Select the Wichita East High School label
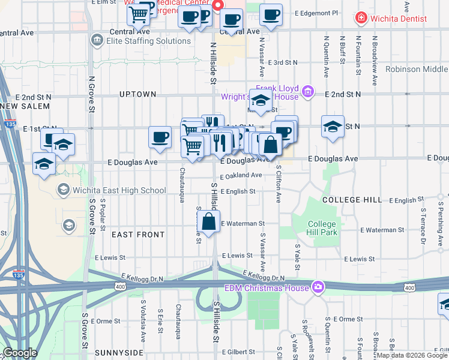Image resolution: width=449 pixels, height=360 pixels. pyautogui.click(x=119, y=191)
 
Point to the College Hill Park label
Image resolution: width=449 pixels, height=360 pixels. pyautogui.click(x=322, y=228)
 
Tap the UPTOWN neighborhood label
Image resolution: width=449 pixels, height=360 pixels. pyautogui.click(x=137, y=94)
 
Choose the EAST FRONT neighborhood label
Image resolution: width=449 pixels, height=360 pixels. pyautogui.click(x=138, y=235)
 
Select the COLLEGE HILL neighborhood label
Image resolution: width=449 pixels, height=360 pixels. pyautogui.click(x=351, y=199)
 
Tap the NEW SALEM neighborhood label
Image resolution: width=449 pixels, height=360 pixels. pyautogui.click(x=24, y=106)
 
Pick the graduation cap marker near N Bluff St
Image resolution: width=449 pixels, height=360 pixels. pyautogui.click(x=333, y=127)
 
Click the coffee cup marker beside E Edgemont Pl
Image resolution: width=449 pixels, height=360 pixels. pyautogui.click(x=271, y=15)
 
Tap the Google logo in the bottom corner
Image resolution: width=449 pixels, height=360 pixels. pyautogui.click(x=20, y=353)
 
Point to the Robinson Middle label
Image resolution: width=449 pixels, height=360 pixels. pyautogui.click(x=417, y=69)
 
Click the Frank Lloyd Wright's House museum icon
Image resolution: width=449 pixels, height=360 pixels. pyautogui.click(x=308, y=92)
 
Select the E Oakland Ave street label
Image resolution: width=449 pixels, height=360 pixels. pyautogui.click(x=241, y=176)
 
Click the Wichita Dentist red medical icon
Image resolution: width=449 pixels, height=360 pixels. pyautogui.click(x=360, y=18)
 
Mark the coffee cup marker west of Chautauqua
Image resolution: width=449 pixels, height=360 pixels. pyautogui.click(x=160, y=137)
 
